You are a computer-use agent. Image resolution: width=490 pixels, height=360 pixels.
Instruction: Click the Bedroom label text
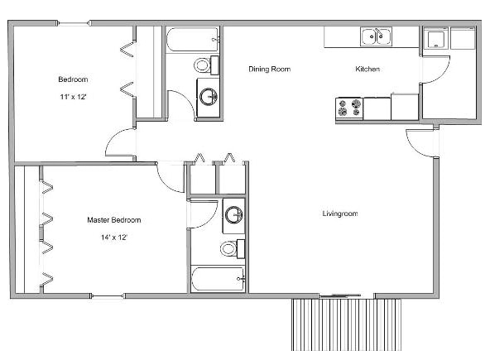pyautogui.click(x=73, y=79)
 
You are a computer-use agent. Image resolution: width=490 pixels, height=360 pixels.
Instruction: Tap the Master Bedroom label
pyautogui.click(x=114, y=220)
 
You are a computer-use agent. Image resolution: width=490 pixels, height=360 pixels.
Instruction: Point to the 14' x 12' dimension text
pyautogui.click(x=114, y=237)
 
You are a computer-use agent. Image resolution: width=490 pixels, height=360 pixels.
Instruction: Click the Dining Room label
pyautogui.click(x=270, y=69)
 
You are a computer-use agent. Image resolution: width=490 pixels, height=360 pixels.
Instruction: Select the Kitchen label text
pyautogui.click(x=367, y=69)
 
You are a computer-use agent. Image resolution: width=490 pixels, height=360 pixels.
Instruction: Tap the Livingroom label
pyautogui.click(x=339, y=214)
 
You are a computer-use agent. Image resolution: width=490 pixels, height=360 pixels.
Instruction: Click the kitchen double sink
pyautogui.click(x=376, y=36)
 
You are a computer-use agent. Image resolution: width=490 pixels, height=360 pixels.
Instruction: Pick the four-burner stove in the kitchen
pyautogui.click(x=348, y=108)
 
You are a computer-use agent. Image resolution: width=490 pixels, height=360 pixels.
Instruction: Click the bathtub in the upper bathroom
pyautogui.click(x=192, y=38)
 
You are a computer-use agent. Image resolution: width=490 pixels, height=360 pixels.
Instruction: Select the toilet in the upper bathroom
pyautogui.click(x=205, y=65)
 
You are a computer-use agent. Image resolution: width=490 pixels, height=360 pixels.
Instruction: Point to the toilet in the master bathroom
pyautogui.click(x=233, y=247)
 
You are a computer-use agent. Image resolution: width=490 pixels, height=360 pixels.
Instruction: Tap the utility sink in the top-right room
pyautogui.click(x=435, y=38)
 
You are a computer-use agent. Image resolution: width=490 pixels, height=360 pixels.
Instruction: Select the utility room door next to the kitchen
pyautogui.click(x=434, y=70)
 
